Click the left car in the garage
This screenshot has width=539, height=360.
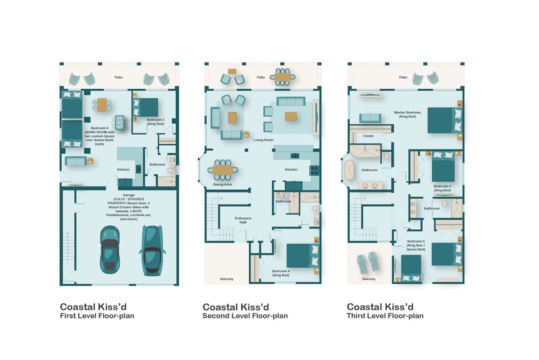point(109,249)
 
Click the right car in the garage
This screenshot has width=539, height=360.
point(152,250)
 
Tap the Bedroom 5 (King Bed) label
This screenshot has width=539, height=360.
point(156,121)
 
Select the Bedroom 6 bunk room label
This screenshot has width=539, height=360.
point(95,131)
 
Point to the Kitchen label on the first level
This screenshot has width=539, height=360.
point(124,169)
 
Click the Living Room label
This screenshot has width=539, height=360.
point(263,140)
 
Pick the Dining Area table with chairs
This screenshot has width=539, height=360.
point(223,170)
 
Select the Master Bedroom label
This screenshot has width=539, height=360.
point(405,114)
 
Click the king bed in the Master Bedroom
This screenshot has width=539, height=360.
point(445,120)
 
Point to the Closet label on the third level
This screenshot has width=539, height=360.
point(368,136)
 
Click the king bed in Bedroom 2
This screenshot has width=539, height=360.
point(444,168)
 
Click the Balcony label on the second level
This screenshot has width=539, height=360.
point(227,279)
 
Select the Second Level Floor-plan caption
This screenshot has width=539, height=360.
point(245,316)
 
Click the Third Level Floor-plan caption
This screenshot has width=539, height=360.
point(385,316)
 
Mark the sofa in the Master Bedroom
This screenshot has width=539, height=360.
point(370,118)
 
